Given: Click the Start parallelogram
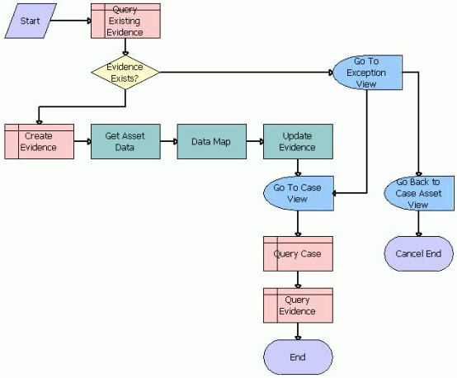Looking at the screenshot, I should tap(30, 21).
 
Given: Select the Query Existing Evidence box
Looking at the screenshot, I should tap(125, 21).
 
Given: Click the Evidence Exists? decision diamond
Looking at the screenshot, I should tap(125, 73).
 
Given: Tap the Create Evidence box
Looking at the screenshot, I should tap(39, 141).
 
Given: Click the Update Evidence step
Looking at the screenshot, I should tap(298, 141).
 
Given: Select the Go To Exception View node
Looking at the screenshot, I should tap(367, 73).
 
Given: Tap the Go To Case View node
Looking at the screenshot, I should tap(298, 193).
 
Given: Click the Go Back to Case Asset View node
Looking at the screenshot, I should tap(418, 193).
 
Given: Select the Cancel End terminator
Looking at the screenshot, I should tap(418, 253).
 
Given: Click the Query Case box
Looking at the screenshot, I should tap(298, 253).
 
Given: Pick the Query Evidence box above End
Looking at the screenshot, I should tap(298, 305).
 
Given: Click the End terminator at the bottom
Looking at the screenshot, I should tap(298, 357).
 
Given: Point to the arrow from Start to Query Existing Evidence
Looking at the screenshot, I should tap(73, 21).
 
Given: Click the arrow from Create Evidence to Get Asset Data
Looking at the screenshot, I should tap(82, 141).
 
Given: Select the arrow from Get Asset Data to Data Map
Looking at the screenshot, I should tap(168, 141).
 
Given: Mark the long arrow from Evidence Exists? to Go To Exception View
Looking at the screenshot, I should tap(247, 73).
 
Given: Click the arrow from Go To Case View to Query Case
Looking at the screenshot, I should tap(298, 224).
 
